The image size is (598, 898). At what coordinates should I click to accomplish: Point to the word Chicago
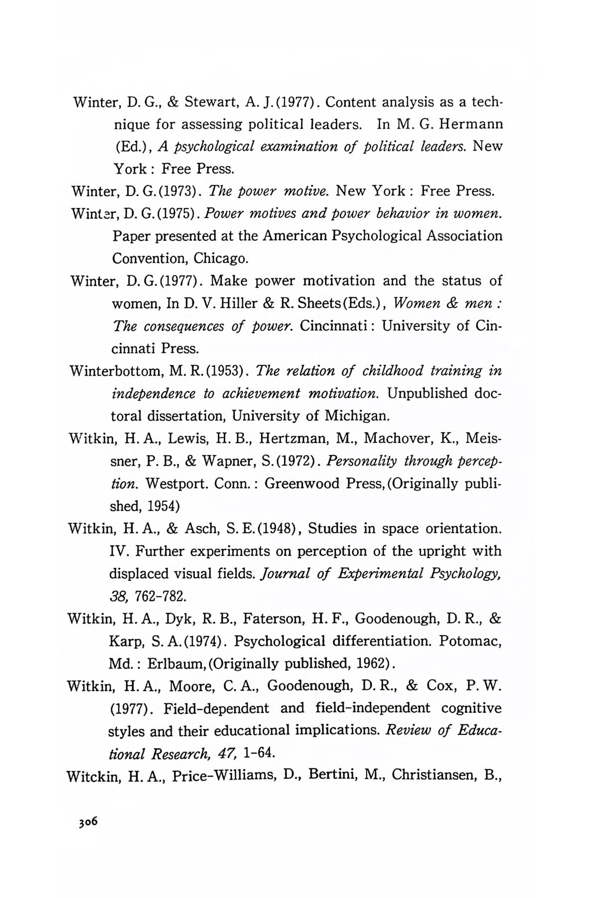(x=220, y=259)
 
